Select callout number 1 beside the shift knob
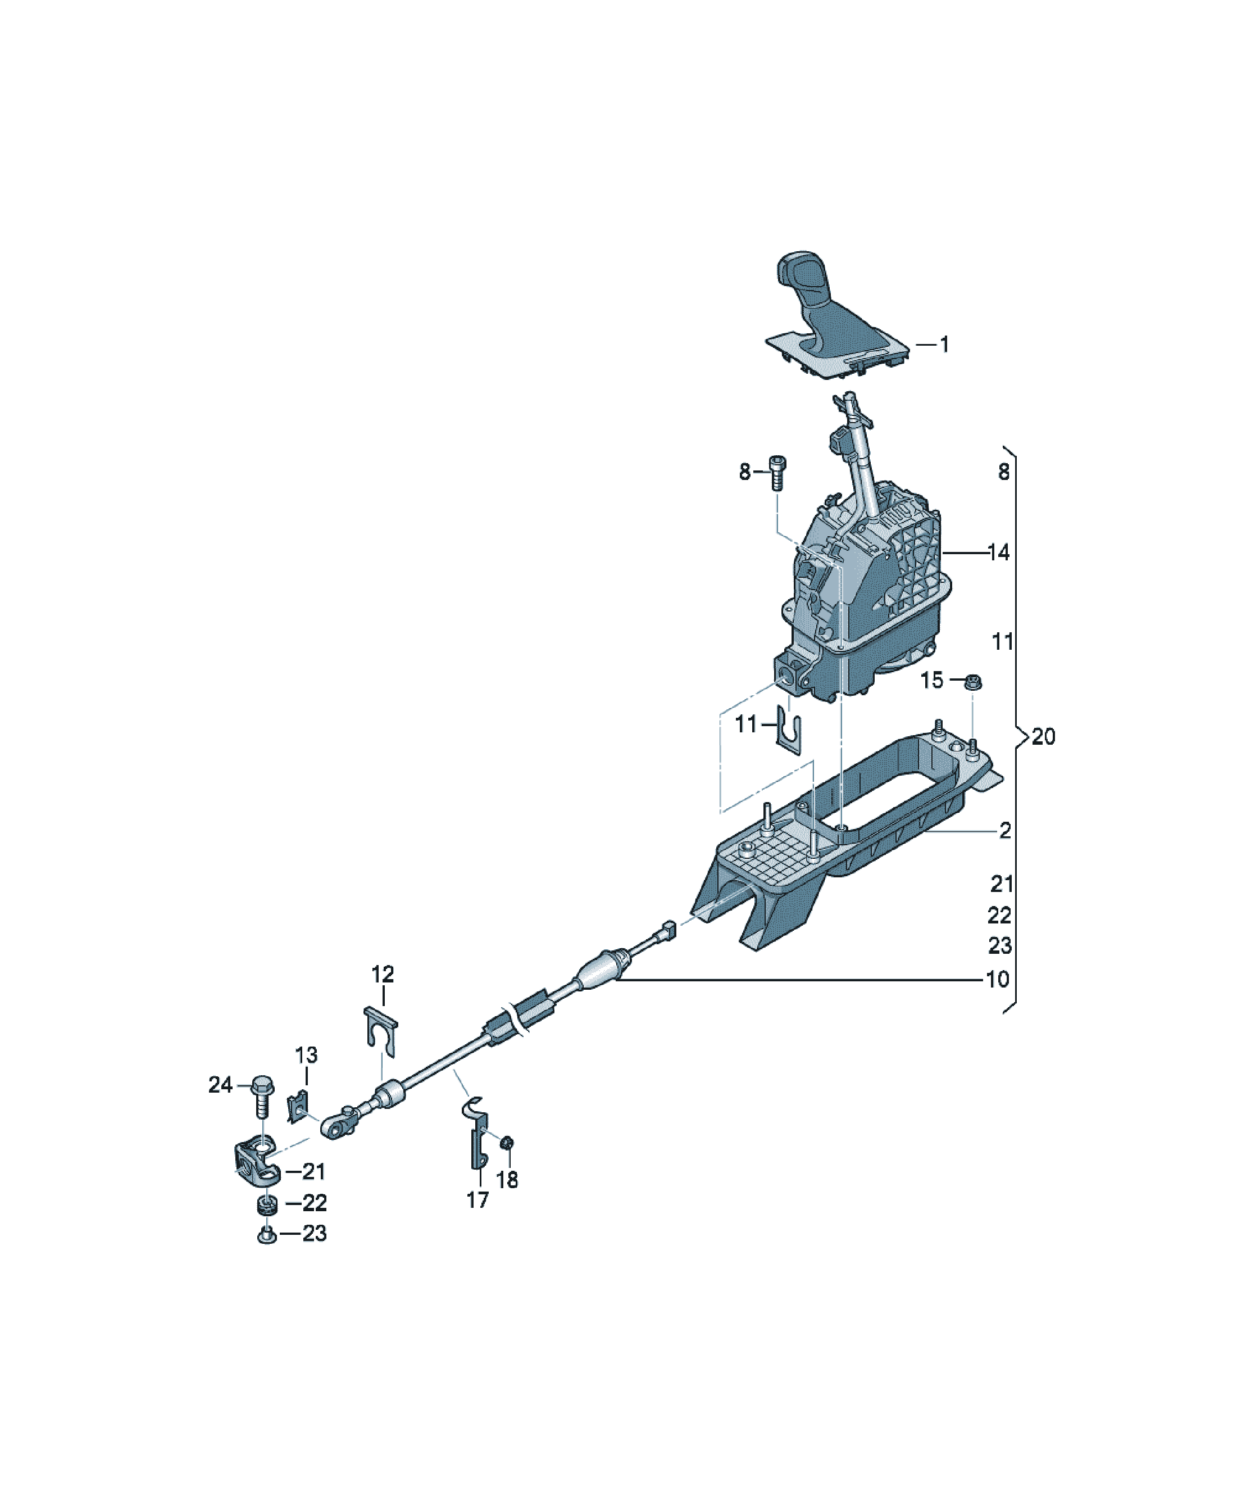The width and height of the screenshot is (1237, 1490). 944,345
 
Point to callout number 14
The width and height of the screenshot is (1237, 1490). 999,552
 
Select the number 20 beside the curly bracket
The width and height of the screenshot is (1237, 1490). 1043,737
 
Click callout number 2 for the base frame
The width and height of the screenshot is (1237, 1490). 1005,830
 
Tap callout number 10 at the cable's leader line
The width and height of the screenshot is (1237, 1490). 998,979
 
